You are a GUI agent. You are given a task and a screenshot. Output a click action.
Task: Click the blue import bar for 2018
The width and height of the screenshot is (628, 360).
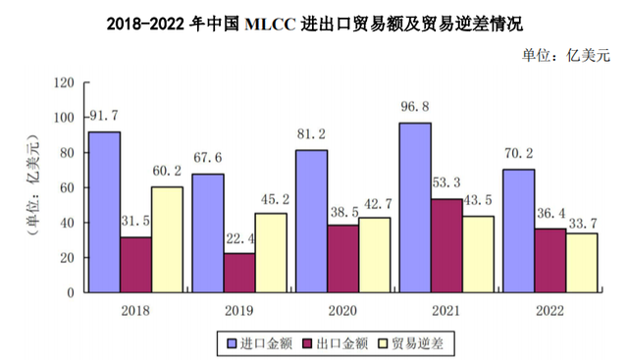105,212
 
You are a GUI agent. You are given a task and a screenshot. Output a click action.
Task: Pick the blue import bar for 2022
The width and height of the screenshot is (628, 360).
517,231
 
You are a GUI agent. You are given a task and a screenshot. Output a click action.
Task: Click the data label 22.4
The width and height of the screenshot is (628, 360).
240,239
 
